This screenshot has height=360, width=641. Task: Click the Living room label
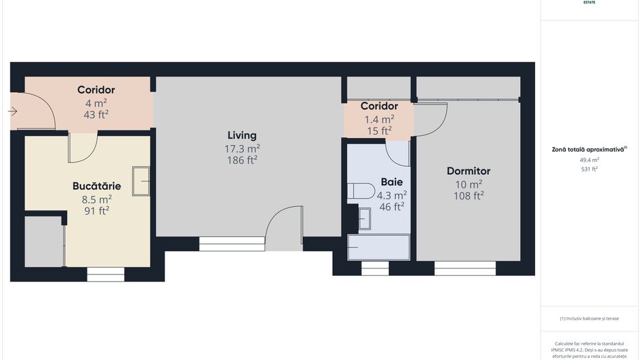tap(242, 135)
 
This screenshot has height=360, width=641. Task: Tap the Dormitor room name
tap(468, 171)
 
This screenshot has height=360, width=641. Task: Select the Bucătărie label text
tap(96, 186)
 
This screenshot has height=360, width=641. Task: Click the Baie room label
tap(392, 182)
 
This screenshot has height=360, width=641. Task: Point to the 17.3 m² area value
tap(242, 148)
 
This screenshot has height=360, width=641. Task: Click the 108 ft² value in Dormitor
tap(468, 195)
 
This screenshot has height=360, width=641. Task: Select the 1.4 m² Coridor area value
tap(379, 118)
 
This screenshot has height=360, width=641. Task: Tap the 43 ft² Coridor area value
tap(96, 114)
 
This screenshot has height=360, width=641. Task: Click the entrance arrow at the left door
tap(13, 111)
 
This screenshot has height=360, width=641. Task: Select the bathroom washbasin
tap(365, 219)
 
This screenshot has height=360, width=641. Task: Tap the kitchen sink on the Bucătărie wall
tap(141, 180)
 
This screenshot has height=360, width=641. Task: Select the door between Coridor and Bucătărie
tap(83, 146)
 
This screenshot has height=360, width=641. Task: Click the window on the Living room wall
tap(232, 244)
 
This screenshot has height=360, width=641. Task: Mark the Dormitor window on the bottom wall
tap(465, 268)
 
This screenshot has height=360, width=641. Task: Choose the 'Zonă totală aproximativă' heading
tap(589, 149)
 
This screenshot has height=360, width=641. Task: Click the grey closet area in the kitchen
tap(44, 242)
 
